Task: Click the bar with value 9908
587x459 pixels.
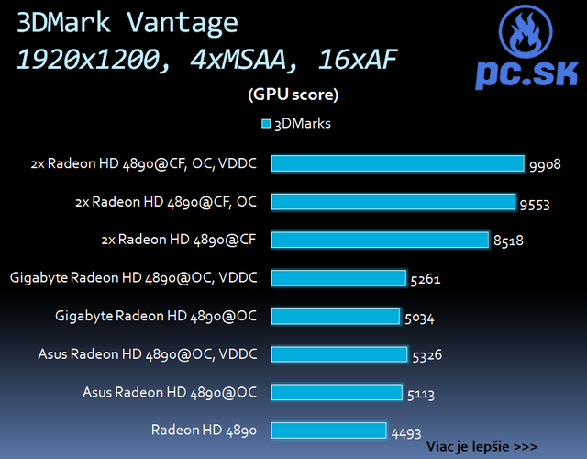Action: tap(399, 163)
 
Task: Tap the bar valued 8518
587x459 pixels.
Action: tap(381, 240)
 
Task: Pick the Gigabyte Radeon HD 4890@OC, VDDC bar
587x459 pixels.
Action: tap(339, 277)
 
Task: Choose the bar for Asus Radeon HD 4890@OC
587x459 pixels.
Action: tap(337, 392)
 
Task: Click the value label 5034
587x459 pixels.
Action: tap(419, 319)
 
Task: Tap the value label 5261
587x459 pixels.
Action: tap(426, 280)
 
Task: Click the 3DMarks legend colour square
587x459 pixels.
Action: tap(266, 123)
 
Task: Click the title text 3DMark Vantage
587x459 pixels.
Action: tap(126, 23)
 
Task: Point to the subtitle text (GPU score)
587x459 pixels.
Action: tap(293, 94)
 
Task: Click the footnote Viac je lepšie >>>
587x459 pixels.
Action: tap(482, 446)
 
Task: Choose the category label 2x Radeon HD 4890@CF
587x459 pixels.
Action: tap(178, 240)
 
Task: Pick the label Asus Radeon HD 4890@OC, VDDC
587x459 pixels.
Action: tap(148, 354)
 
